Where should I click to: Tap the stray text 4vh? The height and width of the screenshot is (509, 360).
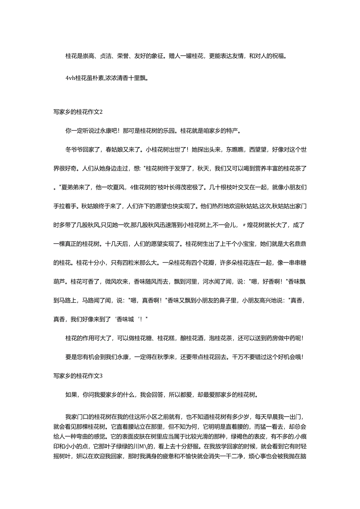(70, 78)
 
